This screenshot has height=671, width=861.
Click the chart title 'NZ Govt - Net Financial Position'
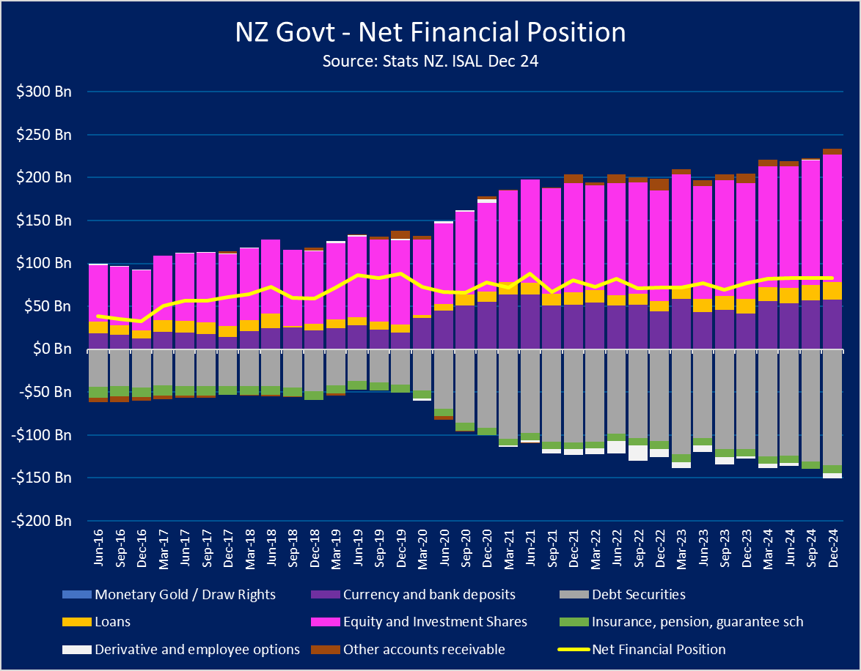(x=430, y=33)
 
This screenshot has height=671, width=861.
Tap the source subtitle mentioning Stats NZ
(x=430, y=62)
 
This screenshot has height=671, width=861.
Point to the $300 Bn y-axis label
(x=46, y=92)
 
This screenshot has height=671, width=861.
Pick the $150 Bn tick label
(x=46, y=220)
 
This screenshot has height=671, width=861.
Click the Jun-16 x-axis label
(x=98, y=546)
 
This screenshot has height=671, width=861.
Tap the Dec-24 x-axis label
(x=832, y=546)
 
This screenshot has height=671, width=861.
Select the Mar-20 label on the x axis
(x=422, y=546)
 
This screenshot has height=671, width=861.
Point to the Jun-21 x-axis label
(x=530, y=546)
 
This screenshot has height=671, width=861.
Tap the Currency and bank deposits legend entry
(x=429, y=594)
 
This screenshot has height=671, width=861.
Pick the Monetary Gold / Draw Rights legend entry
(x=185, y=594)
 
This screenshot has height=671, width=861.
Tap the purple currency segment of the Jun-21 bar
(x=530, y=322)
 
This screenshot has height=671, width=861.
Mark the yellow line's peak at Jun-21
(x=530, y=274)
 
